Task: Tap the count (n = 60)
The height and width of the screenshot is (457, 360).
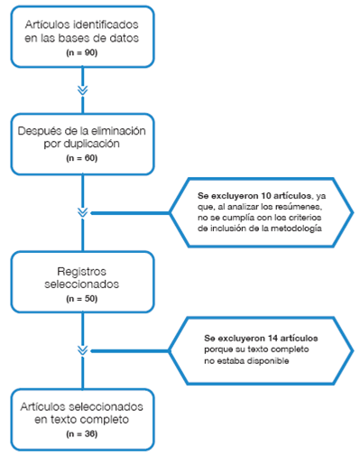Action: click(82, 157)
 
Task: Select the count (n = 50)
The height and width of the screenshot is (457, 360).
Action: click(82, 297)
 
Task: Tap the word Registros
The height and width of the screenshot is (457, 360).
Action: click(82, 269)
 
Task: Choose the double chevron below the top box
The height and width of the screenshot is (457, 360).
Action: click(82, 90)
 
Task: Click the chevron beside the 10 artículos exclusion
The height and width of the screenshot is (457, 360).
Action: click(82, 212)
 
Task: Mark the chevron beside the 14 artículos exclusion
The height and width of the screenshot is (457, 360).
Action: click(82, 349)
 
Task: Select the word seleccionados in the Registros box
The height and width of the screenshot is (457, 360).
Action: click(82, 284)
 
